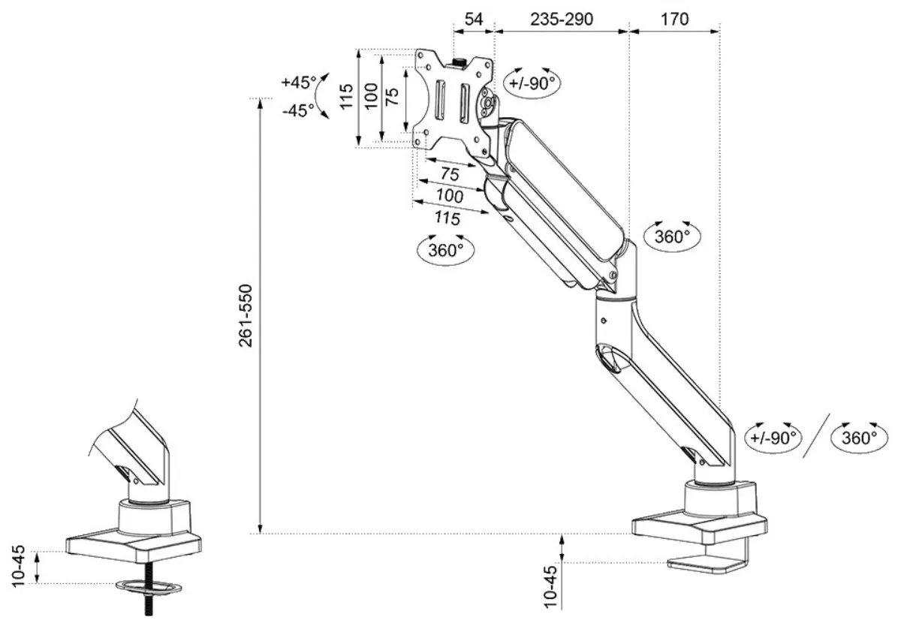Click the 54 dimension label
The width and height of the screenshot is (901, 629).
coord(474,19)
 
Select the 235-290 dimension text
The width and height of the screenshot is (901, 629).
coord(562,19)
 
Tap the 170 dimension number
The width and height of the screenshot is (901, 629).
coord(674,19)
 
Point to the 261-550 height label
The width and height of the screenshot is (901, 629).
coord(246,316)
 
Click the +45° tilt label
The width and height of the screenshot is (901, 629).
coord(300,83)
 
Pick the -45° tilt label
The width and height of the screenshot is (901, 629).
coord(298,110)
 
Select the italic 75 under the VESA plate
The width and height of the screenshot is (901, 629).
coord(450,174)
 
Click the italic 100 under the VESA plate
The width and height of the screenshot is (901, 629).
coord(450,196)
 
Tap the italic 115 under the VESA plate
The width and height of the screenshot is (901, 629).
coord(447,218)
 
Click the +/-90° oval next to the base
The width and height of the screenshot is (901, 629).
coord(773,438)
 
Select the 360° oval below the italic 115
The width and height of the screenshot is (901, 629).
coord(446,250)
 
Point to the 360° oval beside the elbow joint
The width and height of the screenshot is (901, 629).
coord(672,236)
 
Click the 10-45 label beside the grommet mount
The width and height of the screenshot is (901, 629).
coord(19,566)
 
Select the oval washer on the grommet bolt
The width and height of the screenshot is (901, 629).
coord(149,588)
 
